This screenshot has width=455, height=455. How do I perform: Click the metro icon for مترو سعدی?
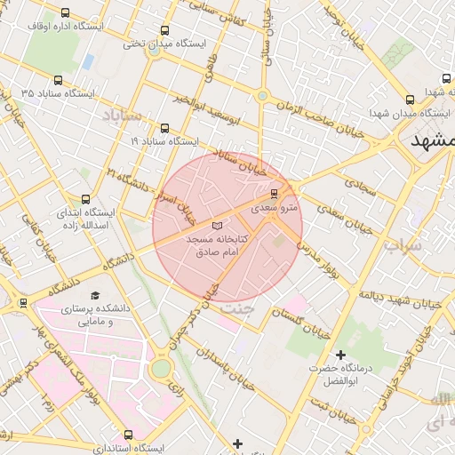coord(274,192)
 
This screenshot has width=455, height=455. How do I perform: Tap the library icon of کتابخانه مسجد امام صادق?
coord(219,227)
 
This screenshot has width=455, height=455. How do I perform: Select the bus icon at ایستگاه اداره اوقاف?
coord(66,13)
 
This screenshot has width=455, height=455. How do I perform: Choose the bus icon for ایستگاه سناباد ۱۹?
coord(164,128)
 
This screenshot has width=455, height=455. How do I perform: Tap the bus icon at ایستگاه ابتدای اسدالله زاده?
coord(85,199)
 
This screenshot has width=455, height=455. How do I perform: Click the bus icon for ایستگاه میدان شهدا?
coord(410,100)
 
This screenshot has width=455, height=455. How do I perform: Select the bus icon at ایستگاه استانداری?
coord(130,435)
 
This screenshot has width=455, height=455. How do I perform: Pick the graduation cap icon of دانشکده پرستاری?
coord(95,296)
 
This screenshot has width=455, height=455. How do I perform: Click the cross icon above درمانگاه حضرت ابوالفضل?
coord(340,355)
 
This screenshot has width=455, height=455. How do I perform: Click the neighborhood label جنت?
coord(236,307)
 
